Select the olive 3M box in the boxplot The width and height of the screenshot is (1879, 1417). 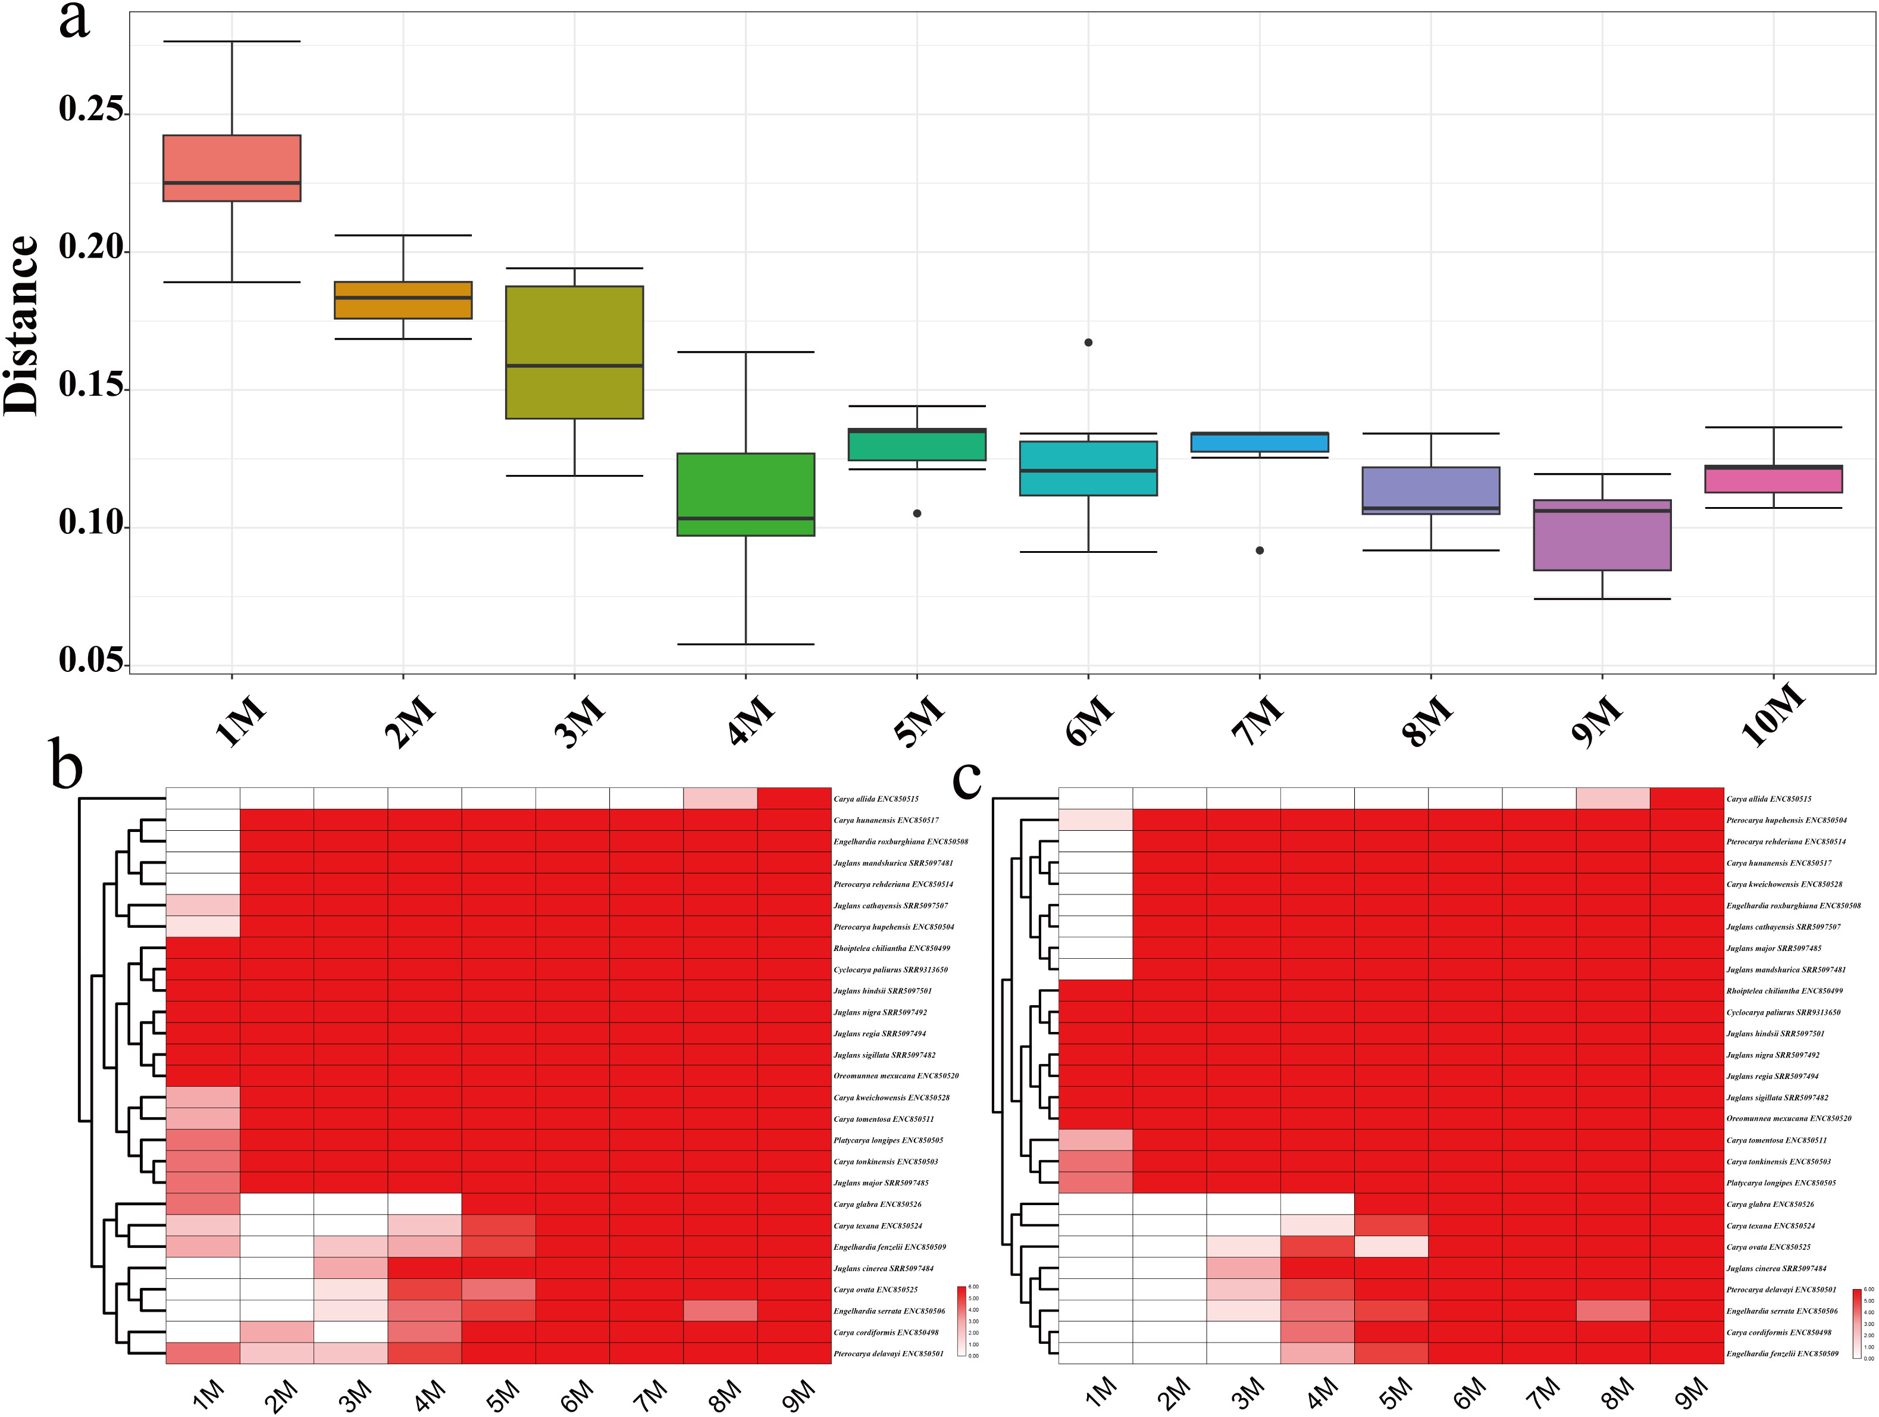(574, 352)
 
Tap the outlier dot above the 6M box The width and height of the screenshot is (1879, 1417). (1088, 342)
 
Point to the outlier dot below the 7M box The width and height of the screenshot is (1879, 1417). (1260, 550)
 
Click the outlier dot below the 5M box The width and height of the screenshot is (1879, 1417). (917, 513)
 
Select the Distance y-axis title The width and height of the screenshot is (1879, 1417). (21, 326)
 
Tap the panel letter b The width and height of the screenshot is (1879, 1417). (66, 764)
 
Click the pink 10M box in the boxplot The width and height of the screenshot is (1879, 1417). (1774, 479)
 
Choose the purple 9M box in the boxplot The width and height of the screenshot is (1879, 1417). (1602, 535)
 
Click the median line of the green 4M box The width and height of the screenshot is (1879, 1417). (746, 518)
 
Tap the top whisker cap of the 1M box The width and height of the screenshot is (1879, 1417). (232, 41)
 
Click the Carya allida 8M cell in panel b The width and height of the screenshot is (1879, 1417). (719, 799)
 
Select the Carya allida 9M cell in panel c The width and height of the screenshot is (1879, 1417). (1686, 799)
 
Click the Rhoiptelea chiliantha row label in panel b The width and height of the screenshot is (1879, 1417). (891, 948)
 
